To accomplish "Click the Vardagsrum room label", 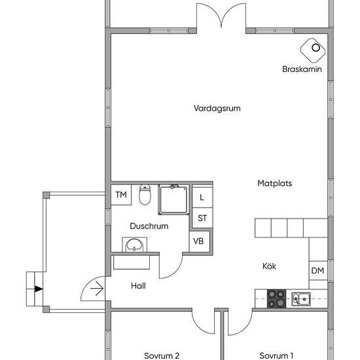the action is pyautogui.click(x=217, y=108).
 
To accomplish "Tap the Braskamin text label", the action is pyautogui.click(x=302, y=69).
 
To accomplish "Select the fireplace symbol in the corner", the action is pyautogui.click(x=313, y=50).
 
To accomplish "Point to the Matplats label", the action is pyautogui.click(x=275, y=183).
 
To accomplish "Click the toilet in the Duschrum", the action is pyautogui.click(x=145, y=194).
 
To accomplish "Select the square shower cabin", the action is pyautogui.click(x=173, y=200).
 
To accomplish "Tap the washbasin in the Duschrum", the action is pyautogui.click(x=134, y=245).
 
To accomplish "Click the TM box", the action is pyautogui.click(x=121, y=194).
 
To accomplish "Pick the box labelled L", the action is pyautogui.click(x=202, y=198).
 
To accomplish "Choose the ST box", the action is pyautogui.click(x=202, y=218).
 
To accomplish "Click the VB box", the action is pyautogui.click(x=199, y=242).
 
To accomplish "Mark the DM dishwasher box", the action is pyautogui.click(x=318, y=270).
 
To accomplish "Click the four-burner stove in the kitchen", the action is pyautogui.click(x=276, y=298).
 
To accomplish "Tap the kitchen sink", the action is pyautogui.click(x=301, y=299).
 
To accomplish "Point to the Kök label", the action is pyautogui.click(x=269, y=266).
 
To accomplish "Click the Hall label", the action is pyautogui.click(x=138, y=286).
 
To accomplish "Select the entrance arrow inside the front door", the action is pyautogui.click(x=97, y=289).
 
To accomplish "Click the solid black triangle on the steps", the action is pyautogui.click(x=39, y=289).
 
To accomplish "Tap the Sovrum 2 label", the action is pyautogui.click(x=162, y=355).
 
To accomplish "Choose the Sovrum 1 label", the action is pyautogui.click(x=276, y=355).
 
